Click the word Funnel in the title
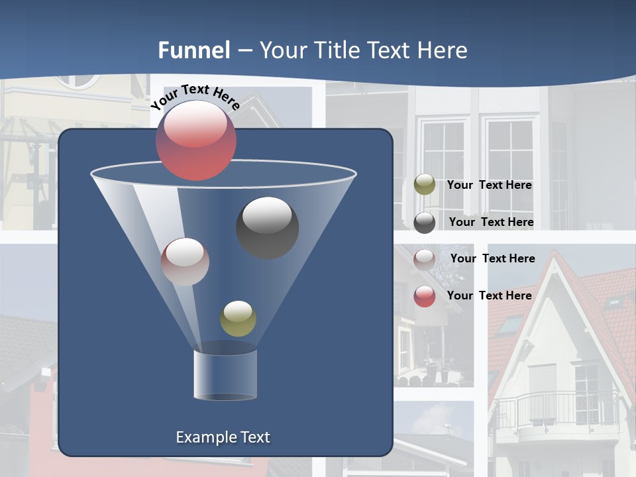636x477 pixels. (x=194, y=50)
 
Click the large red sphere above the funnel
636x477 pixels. (x=196, y=140)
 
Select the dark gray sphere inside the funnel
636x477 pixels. (x=267, y=227)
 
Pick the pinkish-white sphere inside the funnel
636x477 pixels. (x=185, y=262)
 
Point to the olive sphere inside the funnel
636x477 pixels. (x=238, y=318)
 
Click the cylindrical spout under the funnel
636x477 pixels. (x=225, y=374)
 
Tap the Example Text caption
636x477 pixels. (x=223, y=437)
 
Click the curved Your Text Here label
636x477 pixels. (x=195, y=96)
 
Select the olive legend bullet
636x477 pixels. (x=425, y=185)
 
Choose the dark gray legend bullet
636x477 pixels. (x=425, y=223)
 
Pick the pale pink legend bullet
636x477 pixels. (x=425, y=259)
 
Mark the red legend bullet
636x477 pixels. (x=425, y=296)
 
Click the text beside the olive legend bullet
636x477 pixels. (x=489, y=185)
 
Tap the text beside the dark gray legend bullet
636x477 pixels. (x=491, y=223)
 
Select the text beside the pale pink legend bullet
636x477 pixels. (x=492, y=258)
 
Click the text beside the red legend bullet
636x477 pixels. (x=489, y=295)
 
